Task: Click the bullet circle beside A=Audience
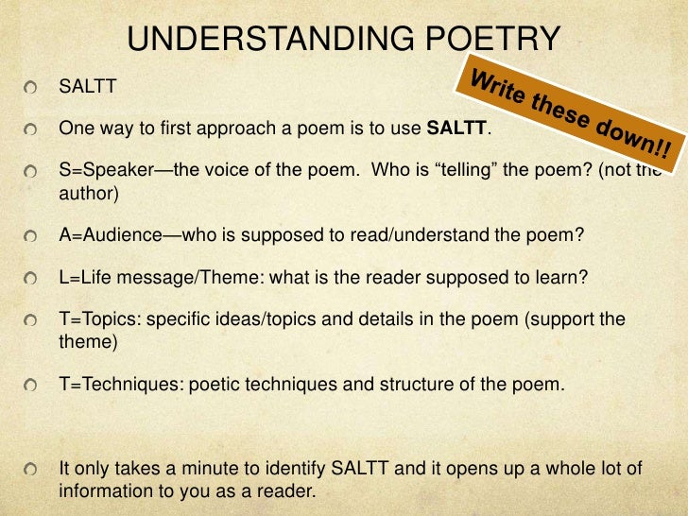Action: point(33,236)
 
